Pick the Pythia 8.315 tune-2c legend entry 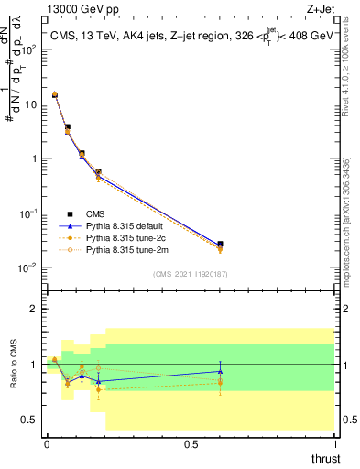[x=127, y=236]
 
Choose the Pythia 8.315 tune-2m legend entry [x=127, y=249]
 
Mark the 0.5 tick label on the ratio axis [x=28, y=420]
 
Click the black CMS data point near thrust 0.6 [x=220, y=245]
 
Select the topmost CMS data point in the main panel [x=54, y=94]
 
